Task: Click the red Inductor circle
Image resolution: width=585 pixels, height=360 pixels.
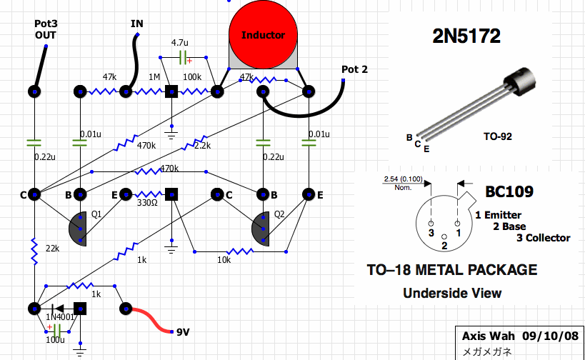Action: click(x=263, y=34)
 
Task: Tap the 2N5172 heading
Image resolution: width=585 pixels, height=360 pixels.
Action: click(x=466, y=36)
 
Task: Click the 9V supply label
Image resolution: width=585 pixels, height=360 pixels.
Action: click(x=184, y=331)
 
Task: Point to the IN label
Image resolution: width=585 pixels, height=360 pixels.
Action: click(x=136, y=24)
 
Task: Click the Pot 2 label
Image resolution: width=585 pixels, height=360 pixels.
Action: click(x=355, y=69)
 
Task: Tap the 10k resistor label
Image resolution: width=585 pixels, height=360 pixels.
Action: click(x=224, y=260)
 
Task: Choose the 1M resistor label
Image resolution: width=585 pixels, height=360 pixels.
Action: click(x=154, y=77)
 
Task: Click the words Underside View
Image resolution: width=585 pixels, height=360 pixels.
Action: click(x=452, y=293)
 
